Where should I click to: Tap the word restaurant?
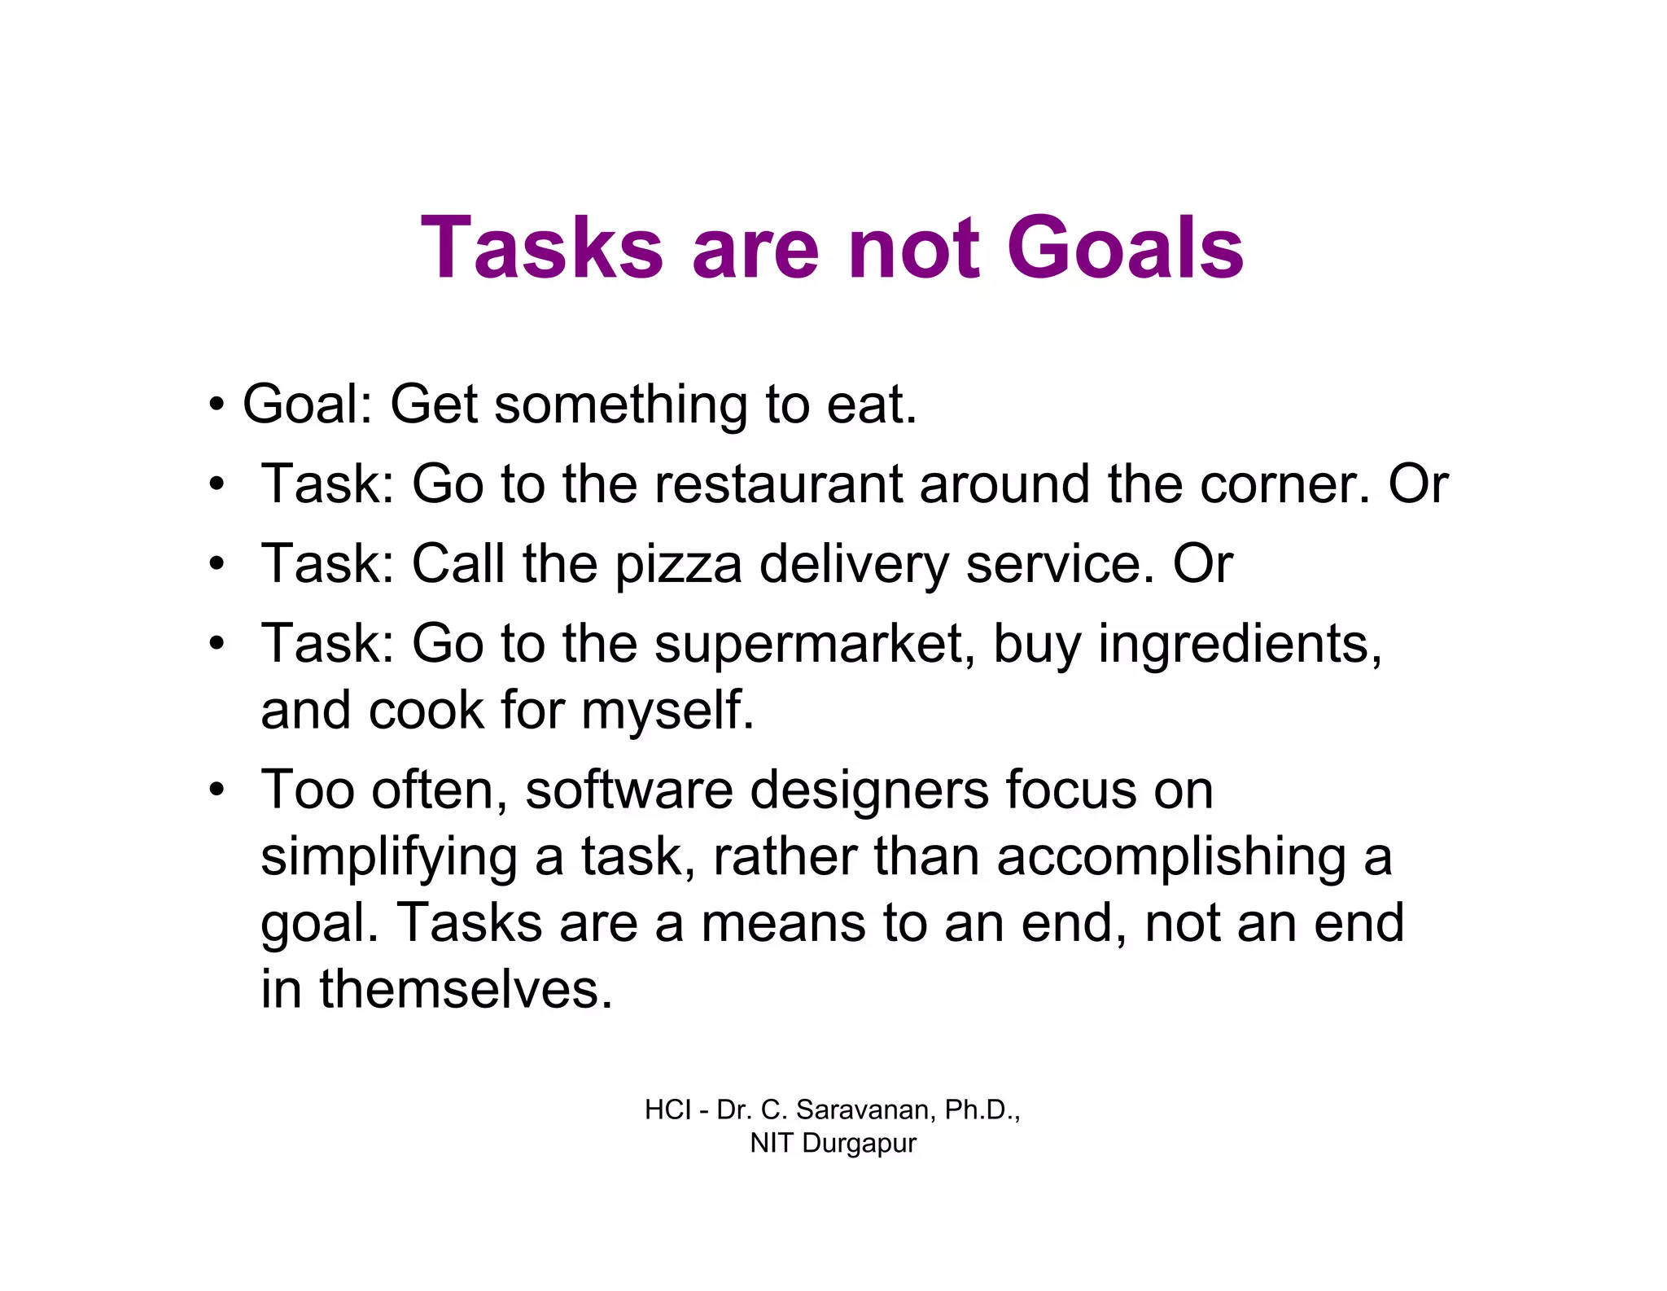click(778, 484)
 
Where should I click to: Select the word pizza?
click(678, 563)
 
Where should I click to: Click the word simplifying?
click(388, 858)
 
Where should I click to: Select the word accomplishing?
click(1170, 858)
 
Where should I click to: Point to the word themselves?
click(466, 990)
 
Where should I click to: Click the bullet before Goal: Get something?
click(216, 405)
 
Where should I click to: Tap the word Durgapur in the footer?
click(859, 1143)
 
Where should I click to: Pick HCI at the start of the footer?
click(667, 1109)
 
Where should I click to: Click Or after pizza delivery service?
click(1202, 563)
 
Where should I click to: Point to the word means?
click(782, 923)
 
